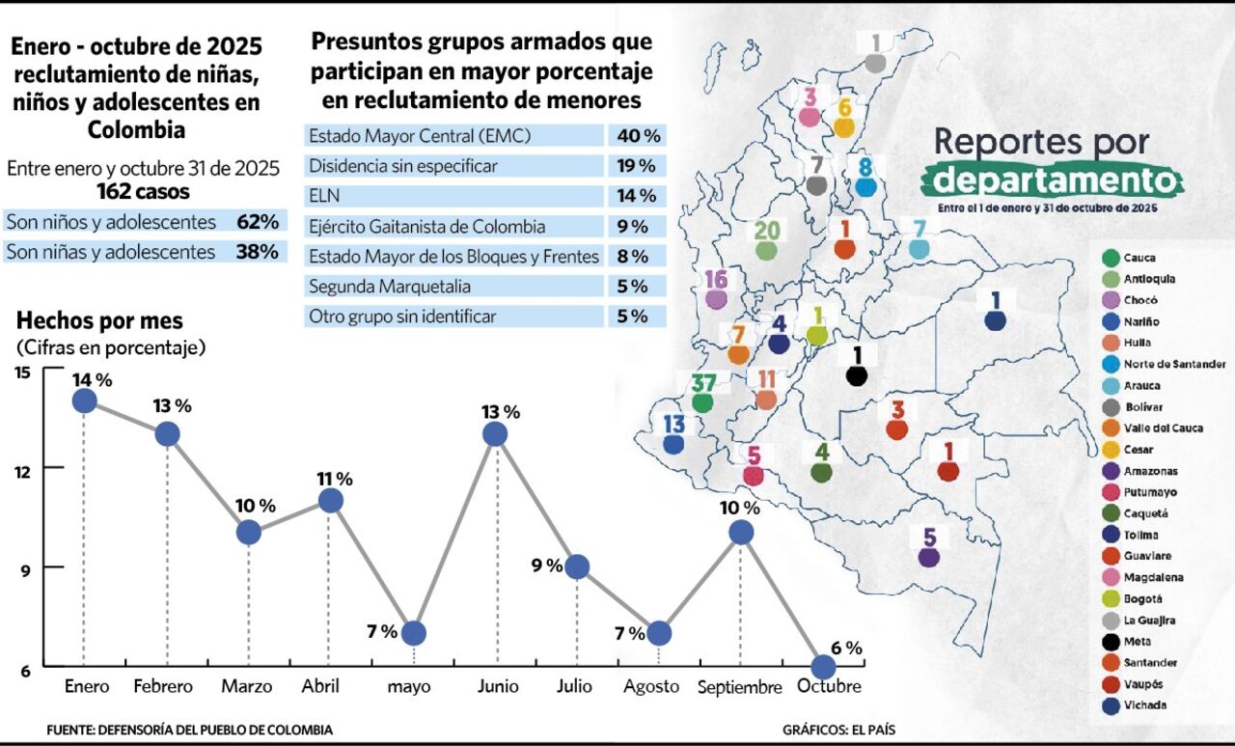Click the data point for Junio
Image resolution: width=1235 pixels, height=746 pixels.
(495, 434)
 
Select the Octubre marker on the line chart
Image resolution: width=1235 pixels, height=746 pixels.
(823, 667)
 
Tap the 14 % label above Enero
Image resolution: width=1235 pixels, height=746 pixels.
(91, 379)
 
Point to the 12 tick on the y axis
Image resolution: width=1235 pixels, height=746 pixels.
(23, 469)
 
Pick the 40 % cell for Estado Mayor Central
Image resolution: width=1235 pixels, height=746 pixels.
(637, 136)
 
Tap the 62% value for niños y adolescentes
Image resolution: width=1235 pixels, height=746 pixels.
(257, 222)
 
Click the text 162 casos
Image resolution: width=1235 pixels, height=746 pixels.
(143, 191)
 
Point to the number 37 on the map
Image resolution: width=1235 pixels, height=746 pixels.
(703, 382)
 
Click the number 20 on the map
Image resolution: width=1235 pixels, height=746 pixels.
(766, 230)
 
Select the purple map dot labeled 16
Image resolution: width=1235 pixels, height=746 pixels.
(716, 299)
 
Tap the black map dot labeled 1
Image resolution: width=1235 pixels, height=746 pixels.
(856, 375)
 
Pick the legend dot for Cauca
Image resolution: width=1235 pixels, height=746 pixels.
(1110, 258)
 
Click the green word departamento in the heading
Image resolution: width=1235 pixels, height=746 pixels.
(1051, 180)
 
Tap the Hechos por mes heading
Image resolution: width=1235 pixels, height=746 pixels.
(99, 321)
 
